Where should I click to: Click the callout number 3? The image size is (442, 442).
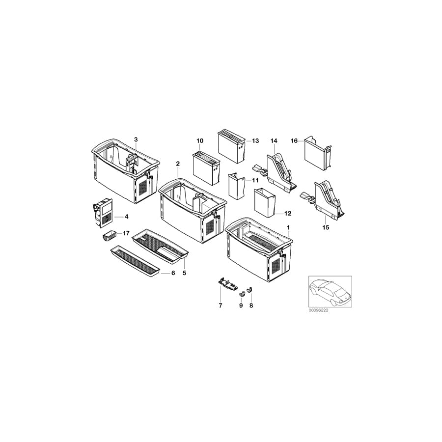click(136, 140)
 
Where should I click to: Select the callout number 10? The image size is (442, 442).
click(200, 141)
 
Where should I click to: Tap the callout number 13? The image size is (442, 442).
click(255, 140)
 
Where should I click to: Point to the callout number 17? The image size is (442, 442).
click(126, 233)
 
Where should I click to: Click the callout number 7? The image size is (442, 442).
click(221, 305)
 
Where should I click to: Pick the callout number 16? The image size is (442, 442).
click(294, 140)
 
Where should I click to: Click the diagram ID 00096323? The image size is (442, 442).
click(319, 311)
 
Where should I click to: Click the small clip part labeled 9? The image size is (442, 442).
click(242, 294)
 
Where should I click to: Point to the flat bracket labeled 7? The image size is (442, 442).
click(226, 283)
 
